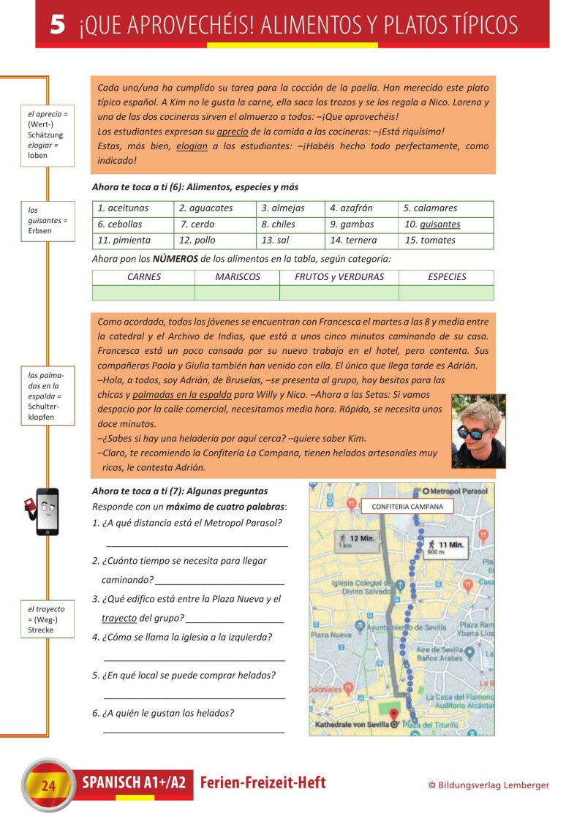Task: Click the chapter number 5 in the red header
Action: (58, 26)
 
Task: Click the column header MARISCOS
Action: (237, 277)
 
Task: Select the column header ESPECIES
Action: (446, 277)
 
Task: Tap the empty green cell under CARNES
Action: (143, 292)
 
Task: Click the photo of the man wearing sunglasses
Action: (478, 431)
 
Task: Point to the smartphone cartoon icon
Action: (45, 510)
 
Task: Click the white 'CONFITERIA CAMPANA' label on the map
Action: (407, 506)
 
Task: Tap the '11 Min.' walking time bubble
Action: (448, 546)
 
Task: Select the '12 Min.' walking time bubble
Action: (358, 540)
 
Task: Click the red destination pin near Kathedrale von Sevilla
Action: (395, 716)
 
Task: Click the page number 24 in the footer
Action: (49, 786)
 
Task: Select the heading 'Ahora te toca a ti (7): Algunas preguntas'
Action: (180, 491)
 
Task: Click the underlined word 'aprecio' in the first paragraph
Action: (232, 132)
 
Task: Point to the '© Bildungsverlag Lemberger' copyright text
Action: (488, 785)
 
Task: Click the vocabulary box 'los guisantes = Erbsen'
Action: (48, 221)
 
